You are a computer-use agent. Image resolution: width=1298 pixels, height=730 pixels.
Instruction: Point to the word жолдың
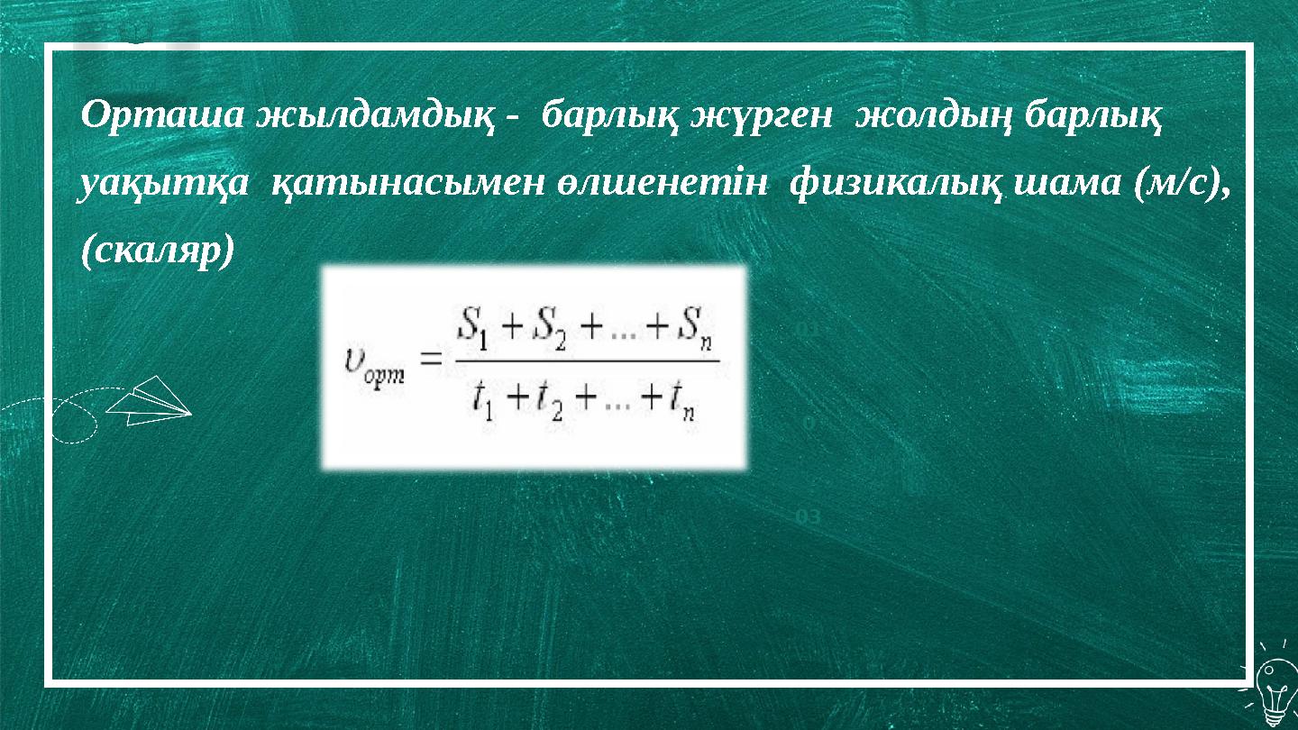click(932, 117)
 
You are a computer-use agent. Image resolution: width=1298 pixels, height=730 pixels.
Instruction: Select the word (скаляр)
click(158, 252)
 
